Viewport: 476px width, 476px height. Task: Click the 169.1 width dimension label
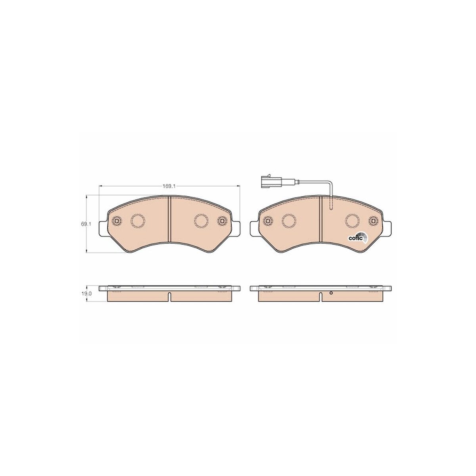click(x=169, y=186)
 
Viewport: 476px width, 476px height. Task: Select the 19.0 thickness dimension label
click(x=86, y=294)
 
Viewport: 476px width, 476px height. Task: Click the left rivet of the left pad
click(x=116, y=221)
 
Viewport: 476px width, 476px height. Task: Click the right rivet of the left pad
click(x=222, y=221)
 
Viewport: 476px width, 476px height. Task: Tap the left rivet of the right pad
click(x=268, y=221)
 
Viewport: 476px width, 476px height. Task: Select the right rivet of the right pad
click(x=373, y=221)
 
